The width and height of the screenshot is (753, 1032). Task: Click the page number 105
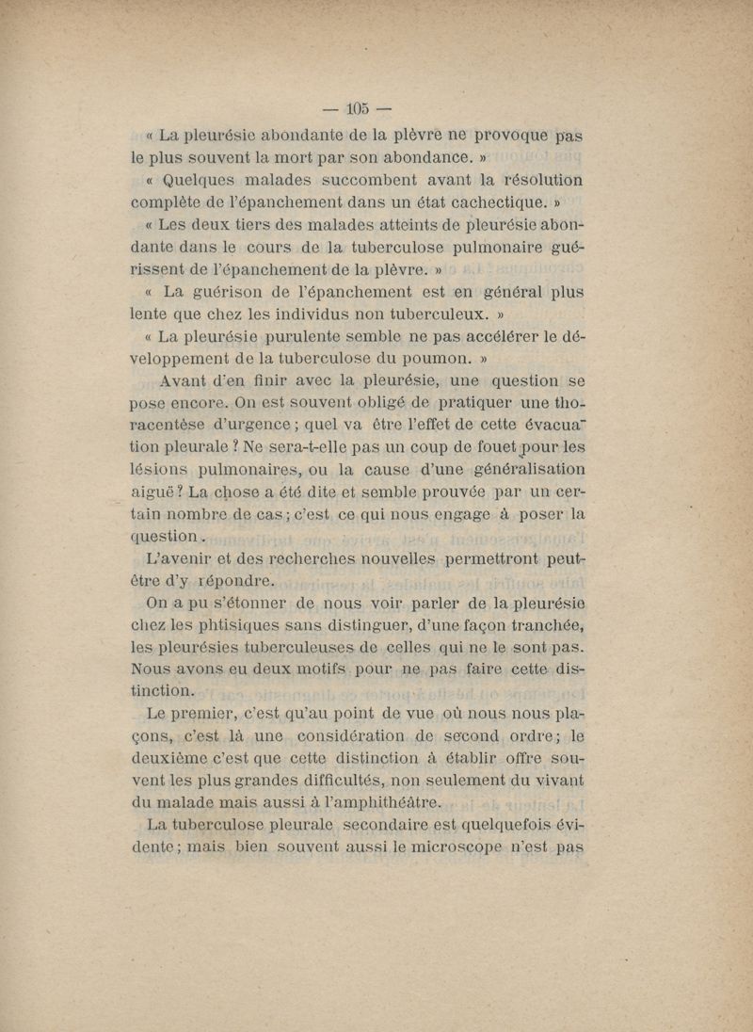[358, 108]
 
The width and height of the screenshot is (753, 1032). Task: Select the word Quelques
[202, 179]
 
